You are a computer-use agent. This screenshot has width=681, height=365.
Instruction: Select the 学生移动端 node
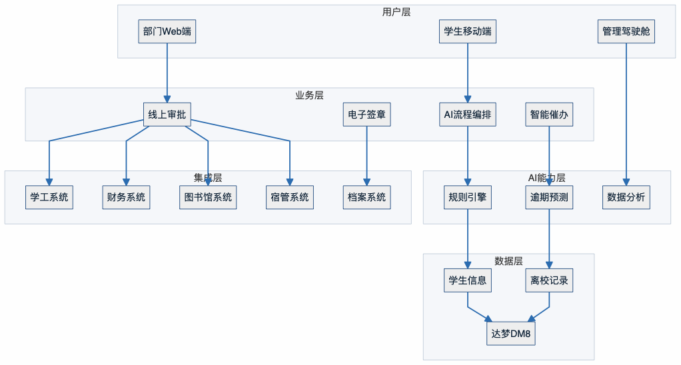[468, 31]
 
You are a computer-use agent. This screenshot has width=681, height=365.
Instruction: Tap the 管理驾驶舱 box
[626, 31]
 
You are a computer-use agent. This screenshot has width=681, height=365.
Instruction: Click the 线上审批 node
[167, 115]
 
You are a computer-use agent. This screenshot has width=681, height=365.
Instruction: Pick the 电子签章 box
[366, 115]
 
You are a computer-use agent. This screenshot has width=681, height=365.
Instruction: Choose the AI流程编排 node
[468, 115]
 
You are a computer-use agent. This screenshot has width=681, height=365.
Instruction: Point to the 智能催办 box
[549, 115]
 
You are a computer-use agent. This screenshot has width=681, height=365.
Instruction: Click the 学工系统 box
[49, 197]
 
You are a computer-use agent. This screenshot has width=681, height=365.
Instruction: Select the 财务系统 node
[126, 197]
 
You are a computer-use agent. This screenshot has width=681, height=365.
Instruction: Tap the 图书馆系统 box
[208, 197]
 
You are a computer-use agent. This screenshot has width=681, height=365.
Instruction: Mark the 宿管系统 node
[290, 197]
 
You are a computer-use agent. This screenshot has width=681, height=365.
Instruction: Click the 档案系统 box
[366, 197]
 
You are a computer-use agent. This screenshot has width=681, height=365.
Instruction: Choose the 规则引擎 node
[468, 197]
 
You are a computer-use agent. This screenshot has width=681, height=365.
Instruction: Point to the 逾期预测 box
[549, 197]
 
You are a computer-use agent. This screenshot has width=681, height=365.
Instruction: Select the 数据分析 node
[626, 197]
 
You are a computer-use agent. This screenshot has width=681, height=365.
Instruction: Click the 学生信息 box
[468, 280]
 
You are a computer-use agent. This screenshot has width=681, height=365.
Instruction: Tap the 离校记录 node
[549, 280]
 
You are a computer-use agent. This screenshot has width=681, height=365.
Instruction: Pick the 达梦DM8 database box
[511, 333]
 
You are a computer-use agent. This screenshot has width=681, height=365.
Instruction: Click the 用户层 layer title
[396, 11]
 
